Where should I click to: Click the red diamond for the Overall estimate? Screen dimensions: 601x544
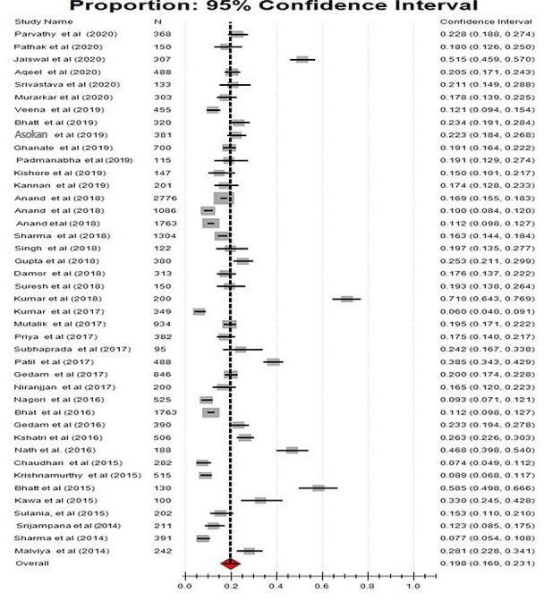[x=230, y=563]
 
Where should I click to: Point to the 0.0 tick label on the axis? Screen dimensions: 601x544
[x=185, y=588]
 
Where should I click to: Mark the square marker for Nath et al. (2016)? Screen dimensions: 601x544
[x=292, y=450]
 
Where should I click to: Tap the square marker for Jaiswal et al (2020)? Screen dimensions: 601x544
[x=302, y=59]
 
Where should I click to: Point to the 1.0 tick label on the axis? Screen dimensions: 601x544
[x=412, y=588]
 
